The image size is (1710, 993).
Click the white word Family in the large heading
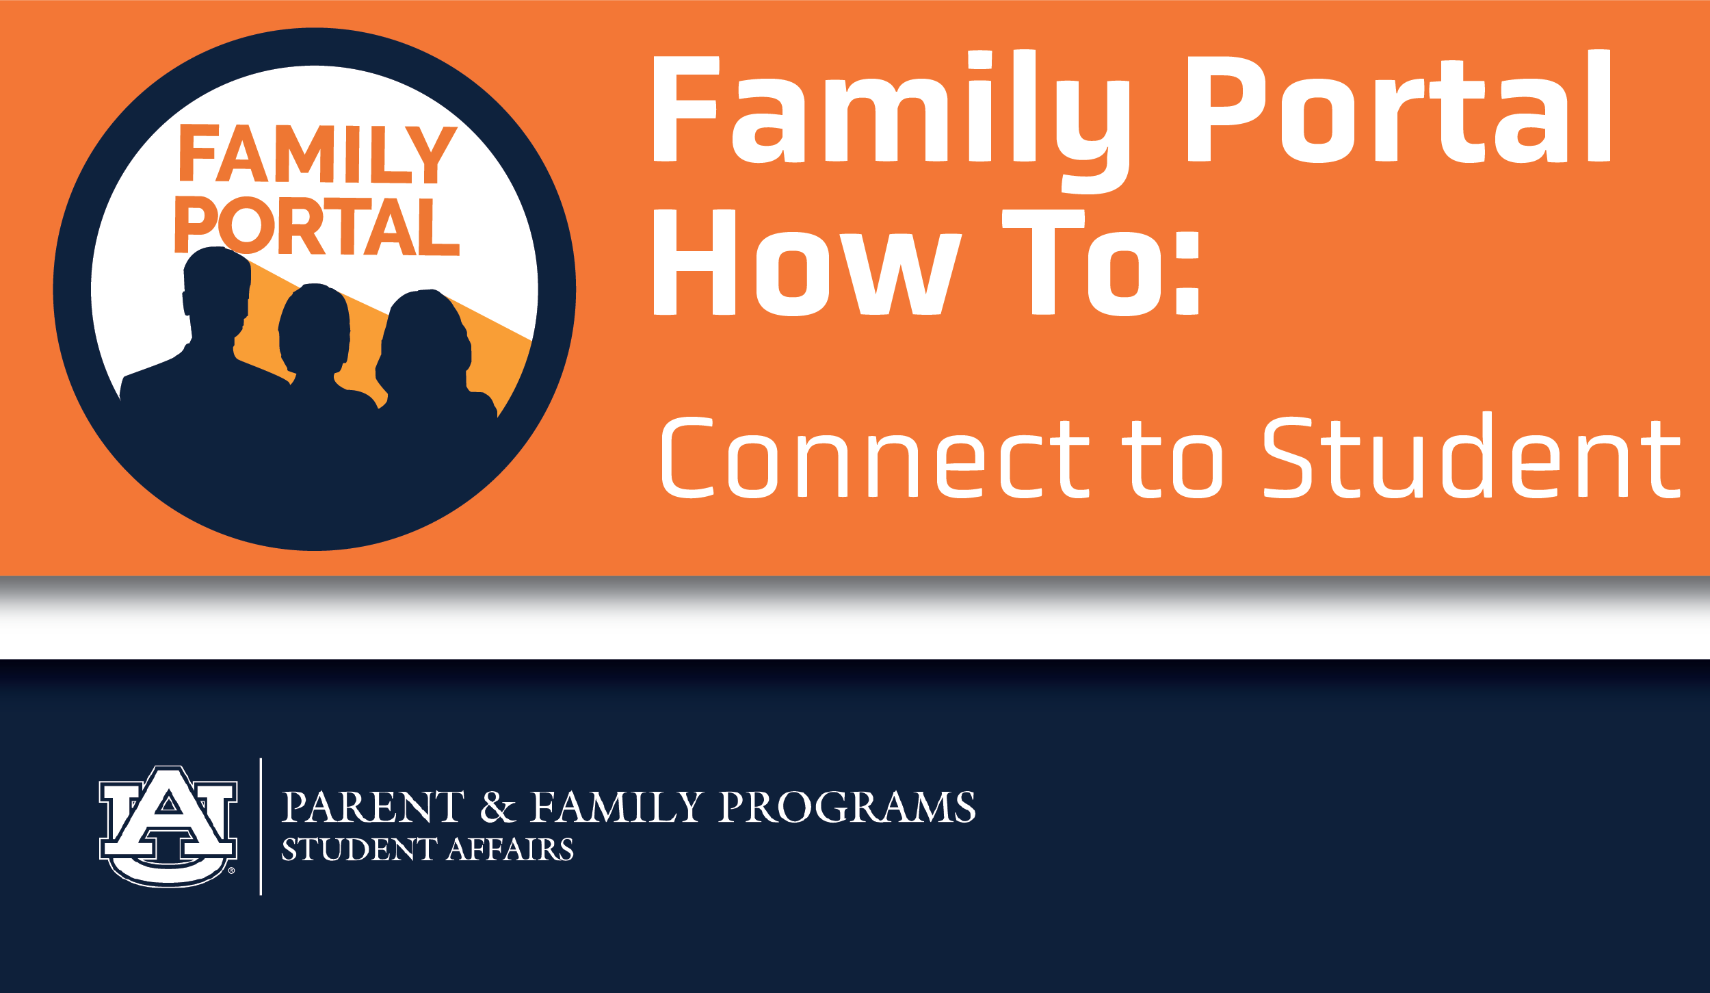[891, 122]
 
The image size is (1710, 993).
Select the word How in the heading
[807, 263]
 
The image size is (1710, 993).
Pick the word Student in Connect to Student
[1471, 455]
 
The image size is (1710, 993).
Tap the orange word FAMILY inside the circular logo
[318, 154]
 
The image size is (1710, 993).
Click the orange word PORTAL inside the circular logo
[317, 226]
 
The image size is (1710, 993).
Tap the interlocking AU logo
[168, 826]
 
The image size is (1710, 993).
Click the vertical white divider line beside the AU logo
[261, 827]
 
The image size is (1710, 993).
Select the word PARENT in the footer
[373, 807]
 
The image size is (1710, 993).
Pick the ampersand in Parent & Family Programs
[497, 807]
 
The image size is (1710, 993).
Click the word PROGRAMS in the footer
[847, 807]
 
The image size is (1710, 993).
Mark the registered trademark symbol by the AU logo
[231, 871]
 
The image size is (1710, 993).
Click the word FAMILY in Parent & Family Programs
[617, 807]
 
